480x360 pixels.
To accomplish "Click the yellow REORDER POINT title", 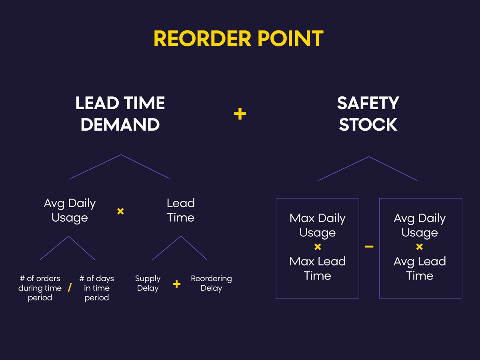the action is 238,38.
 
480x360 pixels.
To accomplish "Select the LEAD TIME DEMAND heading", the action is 120,114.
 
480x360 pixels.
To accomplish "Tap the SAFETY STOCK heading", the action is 368,114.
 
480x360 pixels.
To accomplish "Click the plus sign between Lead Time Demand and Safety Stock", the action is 240,114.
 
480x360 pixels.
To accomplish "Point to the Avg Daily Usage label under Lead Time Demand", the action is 70,210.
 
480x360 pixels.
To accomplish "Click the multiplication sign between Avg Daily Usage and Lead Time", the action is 120,211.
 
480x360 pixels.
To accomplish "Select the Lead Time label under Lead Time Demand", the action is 181,210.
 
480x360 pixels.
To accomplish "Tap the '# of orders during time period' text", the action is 40,288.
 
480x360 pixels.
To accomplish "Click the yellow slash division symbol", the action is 70,288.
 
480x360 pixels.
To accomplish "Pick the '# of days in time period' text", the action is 97,288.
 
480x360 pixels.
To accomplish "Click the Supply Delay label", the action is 148,283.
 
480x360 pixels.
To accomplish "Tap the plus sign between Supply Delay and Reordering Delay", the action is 176,284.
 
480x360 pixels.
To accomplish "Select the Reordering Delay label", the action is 211,283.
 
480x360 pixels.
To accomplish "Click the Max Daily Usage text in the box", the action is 318,225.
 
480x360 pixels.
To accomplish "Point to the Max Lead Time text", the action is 318,268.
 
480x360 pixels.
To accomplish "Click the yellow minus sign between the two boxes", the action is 369,247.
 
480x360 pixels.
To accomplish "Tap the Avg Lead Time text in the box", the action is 420,268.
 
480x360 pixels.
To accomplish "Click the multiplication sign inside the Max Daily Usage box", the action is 318,247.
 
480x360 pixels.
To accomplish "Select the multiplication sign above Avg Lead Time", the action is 420,247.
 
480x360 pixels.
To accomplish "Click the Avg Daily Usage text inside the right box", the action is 420,225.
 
